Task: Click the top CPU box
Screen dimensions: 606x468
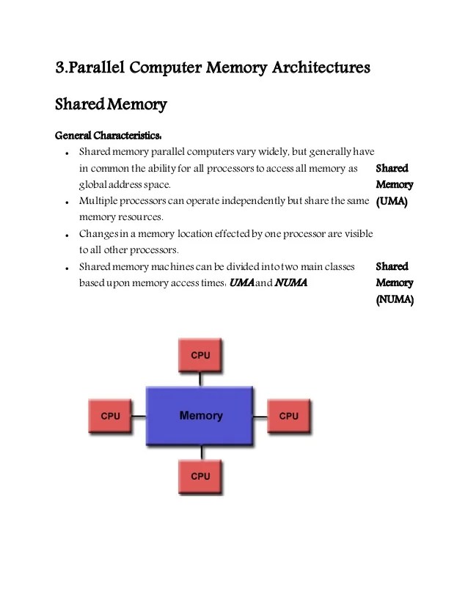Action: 200,355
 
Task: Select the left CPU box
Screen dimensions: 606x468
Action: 110,416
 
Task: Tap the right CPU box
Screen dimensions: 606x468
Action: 289,416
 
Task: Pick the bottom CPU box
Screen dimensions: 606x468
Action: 200,476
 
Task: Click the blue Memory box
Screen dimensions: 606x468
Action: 200,416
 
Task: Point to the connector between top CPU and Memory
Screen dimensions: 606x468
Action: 200,378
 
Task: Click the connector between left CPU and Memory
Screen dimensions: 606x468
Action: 139,416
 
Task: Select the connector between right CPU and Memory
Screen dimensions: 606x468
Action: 260,416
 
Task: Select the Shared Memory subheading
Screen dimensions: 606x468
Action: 111,105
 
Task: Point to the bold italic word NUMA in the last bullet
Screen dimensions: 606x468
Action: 290,282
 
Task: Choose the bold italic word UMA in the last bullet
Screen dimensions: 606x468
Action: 241,282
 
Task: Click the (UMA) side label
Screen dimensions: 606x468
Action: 392,201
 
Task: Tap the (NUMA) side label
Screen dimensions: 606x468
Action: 395,299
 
